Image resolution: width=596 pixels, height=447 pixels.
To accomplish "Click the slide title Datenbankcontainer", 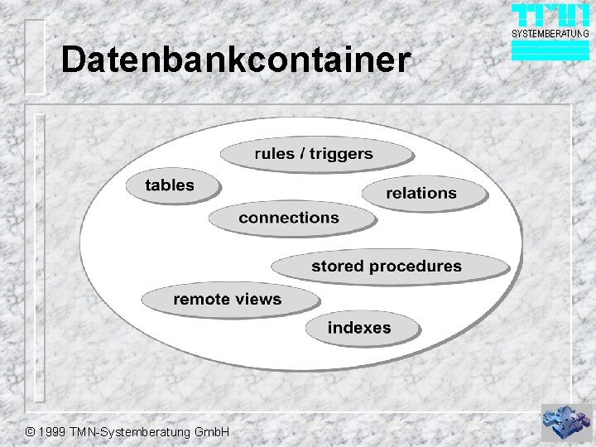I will point(235,60).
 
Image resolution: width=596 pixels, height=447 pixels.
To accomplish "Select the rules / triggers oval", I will point(315,155).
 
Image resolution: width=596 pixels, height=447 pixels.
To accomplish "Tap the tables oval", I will point(171,185).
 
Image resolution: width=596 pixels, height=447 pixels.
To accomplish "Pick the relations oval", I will point(422,194).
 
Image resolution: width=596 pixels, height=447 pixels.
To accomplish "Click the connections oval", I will point(290,219).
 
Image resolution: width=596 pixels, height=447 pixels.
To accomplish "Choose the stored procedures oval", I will point(387,267).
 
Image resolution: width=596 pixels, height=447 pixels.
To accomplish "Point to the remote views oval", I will point(228,300).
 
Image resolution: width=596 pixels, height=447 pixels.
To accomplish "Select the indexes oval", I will point(359,328).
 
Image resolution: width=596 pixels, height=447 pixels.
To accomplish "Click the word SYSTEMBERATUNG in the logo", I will point(550,34).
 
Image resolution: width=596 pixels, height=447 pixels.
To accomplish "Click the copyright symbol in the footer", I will point(31,433).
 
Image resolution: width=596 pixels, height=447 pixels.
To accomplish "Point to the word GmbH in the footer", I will point(214,433).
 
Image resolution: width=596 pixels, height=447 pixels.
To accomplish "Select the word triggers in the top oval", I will point(341,154).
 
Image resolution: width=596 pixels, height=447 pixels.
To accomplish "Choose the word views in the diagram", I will point(260,300).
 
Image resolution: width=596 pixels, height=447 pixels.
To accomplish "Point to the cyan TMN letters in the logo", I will point(550,16).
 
